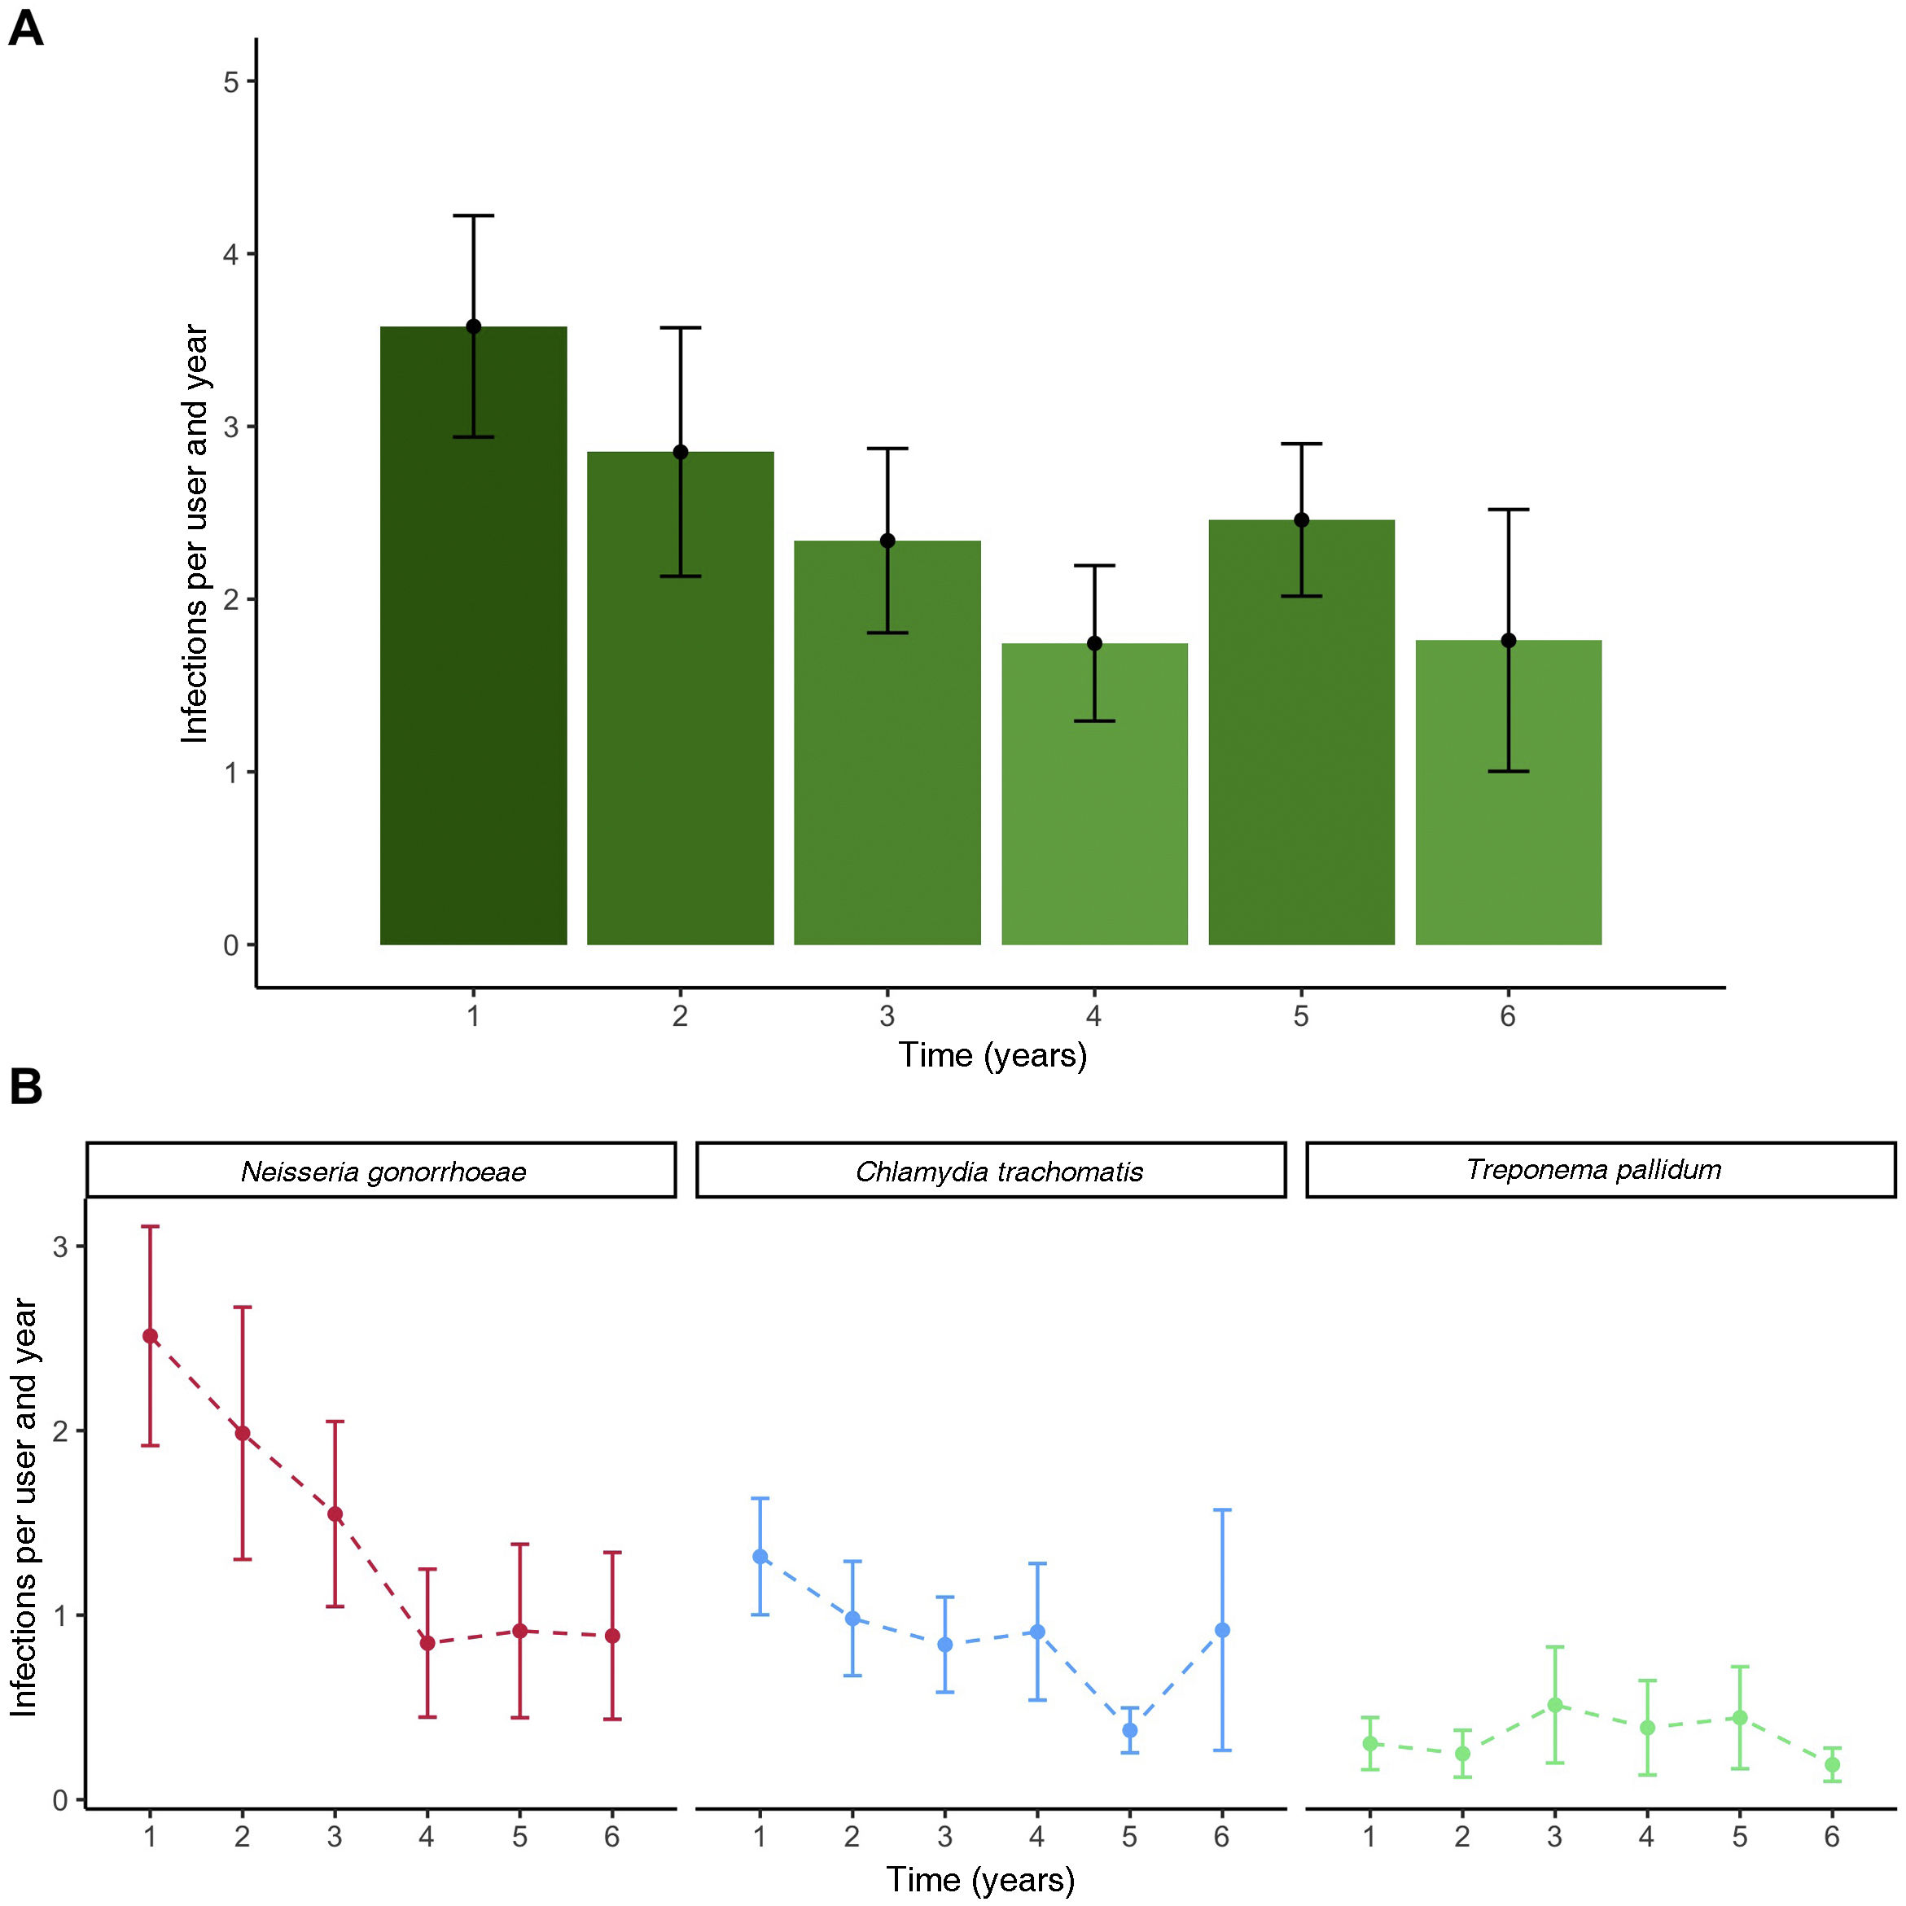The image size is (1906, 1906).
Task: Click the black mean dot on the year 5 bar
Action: [x=1301, y=520]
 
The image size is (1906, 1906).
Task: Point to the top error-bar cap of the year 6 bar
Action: [x=1509, y=510]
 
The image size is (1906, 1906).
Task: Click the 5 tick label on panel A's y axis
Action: [x=232, y=82]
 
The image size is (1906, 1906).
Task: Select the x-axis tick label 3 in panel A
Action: [x=887, y=1016]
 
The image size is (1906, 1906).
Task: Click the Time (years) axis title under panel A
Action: [x=992, y=1056]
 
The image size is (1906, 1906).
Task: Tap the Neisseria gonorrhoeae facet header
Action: [x=382, y=1171]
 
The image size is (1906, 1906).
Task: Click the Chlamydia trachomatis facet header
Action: [x=998, y=1171]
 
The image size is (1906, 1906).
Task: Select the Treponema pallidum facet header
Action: [x=1593, y=1170]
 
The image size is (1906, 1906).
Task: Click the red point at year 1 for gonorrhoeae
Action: [x=150, y=1337]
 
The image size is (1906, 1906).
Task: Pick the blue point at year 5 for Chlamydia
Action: [x=1129, y=1730]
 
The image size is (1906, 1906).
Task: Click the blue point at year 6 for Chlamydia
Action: [x=1222, y=1631]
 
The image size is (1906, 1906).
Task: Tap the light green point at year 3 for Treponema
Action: [x=1555, y=1705]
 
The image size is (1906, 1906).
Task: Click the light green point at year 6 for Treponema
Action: [x=1832, y=1765]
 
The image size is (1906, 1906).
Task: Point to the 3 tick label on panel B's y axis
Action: [x=61, y=1247]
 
